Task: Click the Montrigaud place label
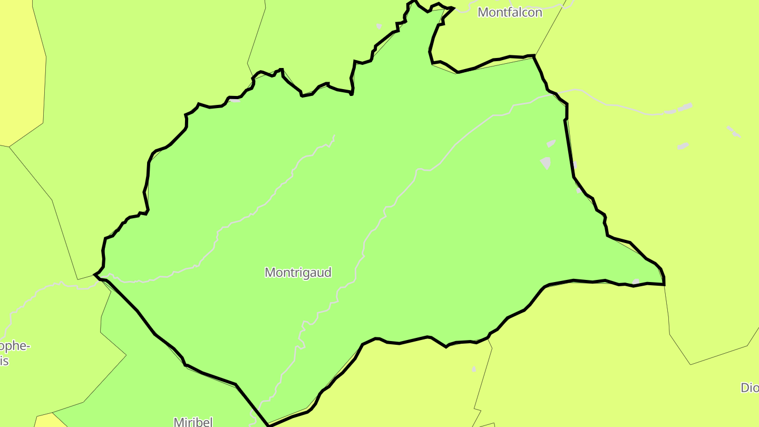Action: click(x=298, y=273)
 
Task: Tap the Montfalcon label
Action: click(x=510, y=12)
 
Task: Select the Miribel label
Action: click(x=193, y=421)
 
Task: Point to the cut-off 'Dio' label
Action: click(x=750, y=388)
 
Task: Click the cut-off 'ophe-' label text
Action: click(x=15, y=346)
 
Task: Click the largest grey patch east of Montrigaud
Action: click(x=546, y=163)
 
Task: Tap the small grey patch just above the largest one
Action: click(x=551, y=143)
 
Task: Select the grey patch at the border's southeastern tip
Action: click(x=636, y=282)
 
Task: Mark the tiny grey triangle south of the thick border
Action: click(x=474, y=369)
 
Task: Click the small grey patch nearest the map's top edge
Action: click(x=379, y=26)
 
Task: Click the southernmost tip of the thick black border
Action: click(x=268, y=425)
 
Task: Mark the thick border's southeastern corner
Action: click(x=664, y=285)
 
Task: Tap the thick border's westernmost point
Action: click(x=94, y=274)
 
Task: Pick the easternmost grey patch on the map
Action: click(x=733, y=132)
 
